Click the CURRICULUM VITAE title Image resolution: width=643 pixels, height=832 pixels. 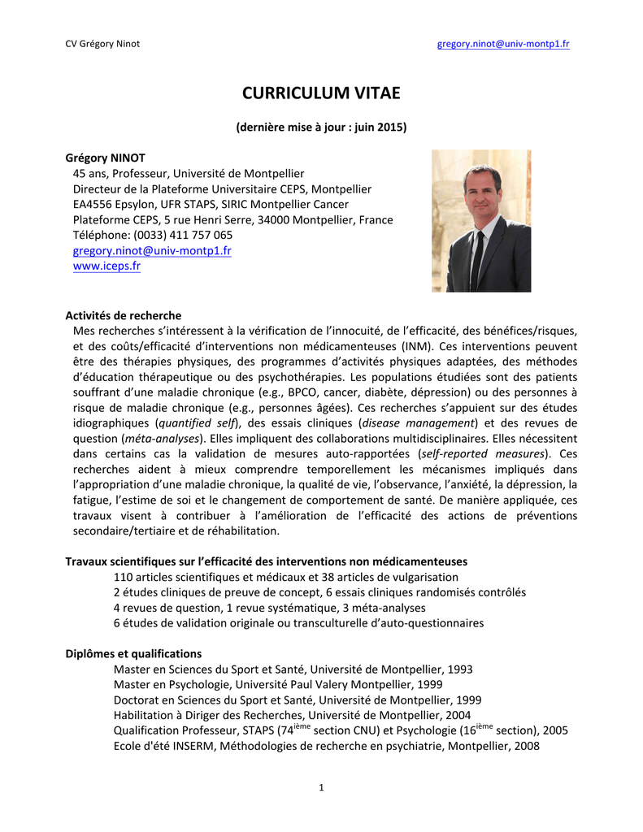(321, 93)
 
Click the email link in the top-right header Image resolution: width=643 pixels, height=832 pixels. (503, 43)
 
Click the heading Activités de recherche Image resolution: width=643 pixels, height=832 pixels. (123, 315)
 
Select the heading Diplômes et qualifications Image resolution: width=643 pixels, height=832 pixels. (133, 653)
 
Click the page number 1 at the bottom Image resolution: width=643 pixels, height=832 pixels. (321, 787)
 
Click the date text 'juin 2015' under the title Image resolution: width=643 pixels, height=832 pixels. (376, 128)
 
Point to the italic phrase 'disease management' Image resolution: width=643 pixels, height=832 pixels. (418, 423)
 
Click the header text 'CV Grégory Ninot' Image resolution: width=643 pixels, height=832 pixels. (102, 43)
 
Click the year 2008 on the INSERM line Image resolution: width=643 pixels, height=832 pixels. (525, 746)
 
